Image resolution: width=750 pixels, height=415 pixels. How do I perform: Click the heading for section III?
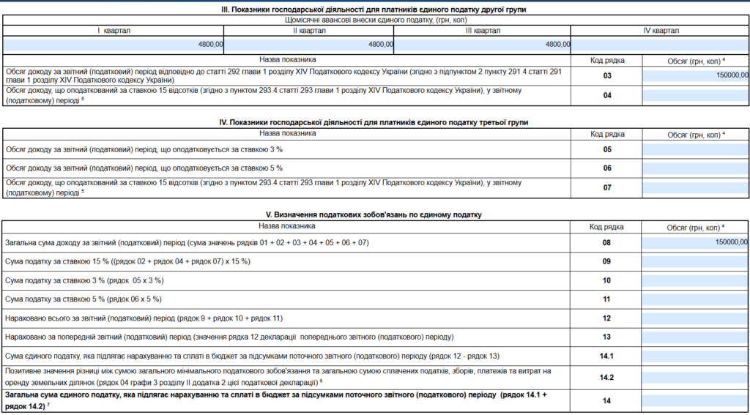point(374,9)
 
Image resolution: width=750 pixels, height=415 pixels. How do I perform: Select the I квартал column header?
point(114,31)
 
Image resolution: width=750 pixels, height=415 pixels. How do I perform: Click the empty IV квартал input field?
point(660,45)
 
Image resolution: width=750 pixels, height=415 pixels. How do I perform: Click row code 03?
point(607,75)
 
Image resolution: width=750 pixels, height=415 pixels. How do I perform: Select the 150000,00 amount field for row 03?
point(696,75)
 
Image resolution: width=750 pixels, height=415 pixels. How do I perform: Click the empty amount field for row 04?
point(696,95)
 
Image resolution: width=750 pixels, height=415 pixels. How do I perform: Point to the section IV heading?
point(374,122)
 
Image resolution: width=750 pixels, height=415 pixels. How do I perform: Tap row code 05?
point(607,149)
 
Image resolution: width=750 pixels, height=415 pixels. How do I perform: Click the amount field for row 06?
point(696,168)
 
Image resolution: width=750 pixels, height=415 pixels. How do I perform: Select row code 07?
point(607,187)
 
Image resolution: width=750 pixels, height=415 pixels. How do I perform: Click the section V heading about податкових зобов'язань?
point(374,215)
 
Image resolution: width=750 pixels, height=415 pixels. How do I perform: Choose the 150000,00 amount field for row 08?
point(696,242)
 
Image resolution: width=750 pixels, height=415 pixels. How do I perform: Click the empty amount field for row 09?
point(696,261)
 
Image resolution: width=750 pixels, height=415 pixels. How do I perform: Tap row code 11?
point(607,299)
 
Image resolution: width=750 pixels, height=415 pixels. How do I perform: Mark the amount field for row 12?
point(696,318)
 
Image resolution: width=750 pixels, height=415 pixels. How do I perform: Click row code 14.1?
point(607,356)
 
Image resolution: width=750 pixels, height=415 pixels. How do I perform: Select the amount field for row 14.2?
point(696,377)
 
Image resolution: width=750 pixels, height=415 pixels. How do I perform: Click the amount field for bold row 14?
point(696,400)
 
